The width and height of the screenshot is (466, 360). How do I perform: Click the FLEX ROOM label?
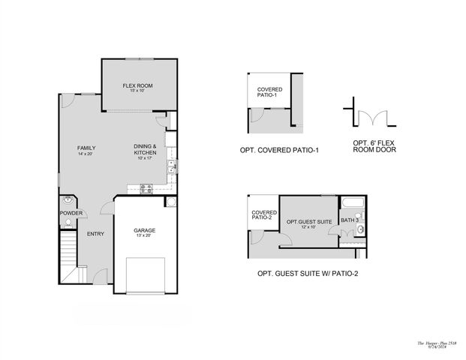138,86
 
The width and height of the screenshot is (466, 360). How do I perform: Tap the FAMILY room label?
86,148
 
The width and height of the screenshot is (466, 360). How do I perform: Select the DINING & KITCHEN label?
145,149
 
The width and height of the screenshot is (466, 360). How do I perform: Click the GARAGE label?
144,229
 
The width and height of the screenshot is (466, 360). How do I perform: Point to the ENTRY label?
95,234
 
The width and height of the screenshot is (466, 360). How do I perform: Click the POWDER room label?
71,213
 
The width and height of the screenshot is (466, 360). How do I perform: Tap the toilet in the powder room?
68,201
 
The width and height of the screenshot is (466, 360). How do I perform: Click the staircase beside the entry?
69,256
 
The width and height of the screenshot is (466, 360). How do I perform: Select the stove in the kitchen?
145,189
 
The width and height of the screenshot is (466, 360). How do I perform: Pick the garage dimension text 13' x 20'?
144,235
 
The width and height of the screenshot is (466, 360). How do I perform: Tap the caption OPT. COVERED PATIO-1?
279,150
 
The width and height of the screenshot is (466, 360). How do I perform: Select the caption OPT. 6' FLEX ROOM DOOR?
374,146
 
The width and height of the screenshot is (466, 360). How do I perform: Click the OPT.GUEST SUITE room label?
308,222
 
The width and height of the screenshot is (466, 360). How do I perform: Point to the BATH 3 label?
349,220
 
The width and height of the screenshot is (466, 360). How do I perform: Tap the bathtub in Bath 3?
352,203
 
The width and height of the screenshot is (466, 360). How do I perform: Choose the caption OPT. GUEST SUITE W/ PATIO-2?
308,273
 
